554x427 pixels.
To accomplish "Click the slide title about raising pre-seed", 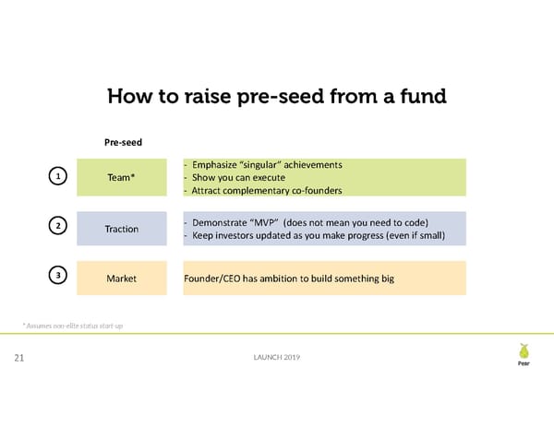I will (276, 97).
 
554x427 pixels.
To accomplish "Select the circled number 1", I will (58, 176).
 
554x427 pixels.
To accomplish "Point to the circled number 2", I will (58, 226).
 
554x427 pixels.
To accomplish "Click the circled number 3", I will (58, 276).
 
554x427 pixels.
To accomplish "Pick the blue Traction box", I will (122, 229).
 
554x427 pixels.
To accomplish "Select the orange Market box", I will (122, 279).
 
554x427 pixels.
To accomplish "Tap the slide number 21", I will (18, 359).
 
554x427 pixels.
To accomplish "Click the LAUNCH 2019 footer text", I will (276, 358).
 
